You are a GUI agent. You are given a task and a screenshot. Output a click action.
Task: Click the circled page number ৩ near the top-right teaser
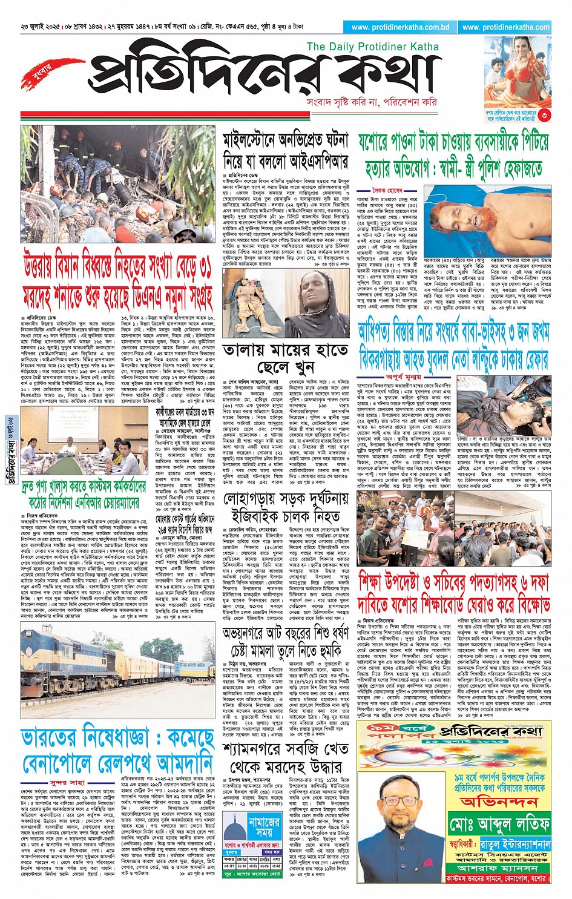tap(545, 114)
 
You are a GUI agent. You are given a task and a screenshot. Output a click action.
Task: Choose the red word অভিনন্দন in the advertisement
tap(498, 802)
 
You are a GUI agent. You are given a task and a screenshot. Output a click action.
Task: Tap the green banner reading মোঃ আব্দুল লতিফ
tap(498, 824)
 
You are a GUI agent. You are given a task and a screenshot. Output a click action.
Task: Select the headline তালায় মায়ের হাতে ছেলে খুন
tap(285, 358)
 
